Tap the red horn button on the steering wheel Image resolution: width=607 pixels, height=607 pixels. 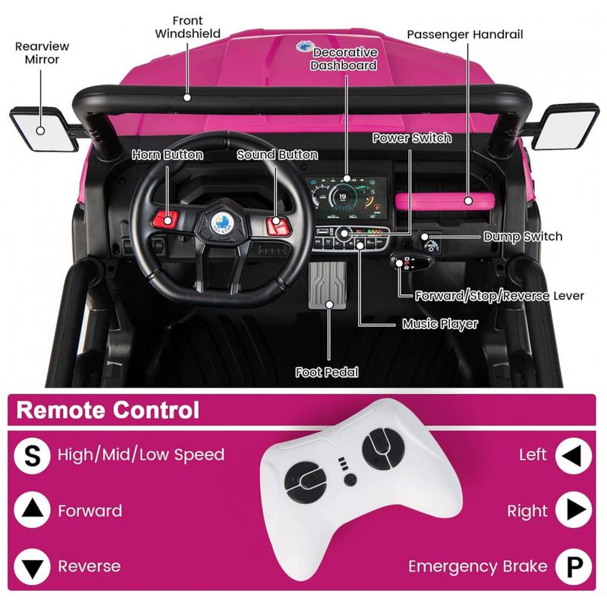point(165,220)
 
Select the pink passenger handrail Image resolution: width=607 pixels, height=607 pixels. point(434,200)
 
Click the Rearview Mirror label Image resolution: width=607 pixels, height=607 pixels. point(36,52)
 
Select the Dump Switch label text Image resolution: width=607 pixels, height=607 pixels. point(523,237)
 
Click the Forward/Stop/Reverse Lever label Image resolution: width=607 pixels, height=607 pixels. point(499,295)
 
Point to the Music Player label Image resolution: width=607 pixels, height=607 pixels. point(440,324)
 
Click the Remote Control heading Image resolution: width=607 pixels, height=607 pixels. point(109,410)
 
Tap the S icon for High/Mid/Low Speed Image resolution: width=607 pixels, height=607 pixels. point(32,455)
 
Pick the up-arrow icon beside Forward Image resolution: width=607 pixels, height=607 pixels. point(32,511)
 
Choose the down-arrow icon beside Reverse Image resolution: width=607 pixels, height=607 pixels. point(32,566)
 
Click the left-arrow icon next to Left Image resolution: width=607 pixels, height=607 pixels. point(573,455)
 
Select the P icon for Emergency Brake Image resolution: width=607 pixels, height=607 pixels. point(573,566)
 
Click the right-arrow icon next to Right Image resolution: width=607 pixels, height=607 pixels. point(573,511)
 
